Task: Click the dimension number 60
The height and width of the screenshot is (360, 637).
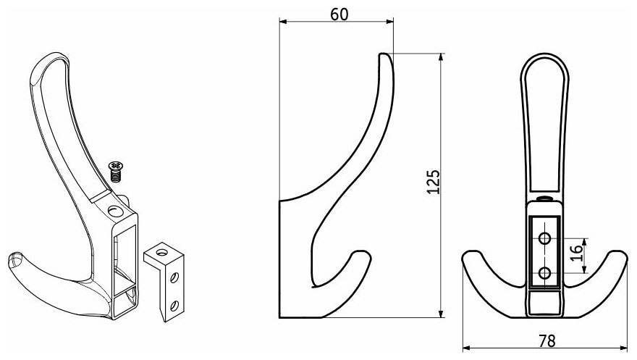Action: [x=339, y=14]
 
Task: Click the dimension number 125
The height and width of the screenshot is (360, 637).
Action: [x=434, y=181]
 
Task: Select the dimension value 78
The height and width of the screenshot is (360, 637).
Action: [x=547, y=341]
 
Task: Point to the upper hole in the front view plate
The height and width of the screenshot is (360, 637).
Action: [x=545, y=238]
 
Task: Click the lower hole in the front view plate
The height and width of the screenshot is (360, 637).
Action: [x=545, y=273]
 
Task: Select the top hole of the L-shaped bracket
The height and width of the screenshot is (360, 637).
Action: [x=161, y=253]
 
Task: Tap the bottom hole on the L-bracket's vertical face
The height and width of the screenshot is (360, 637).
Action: [x=174, y=306]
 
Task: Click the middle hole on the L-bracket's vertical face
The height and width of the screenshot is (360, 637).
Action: [x=174, y=277]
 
